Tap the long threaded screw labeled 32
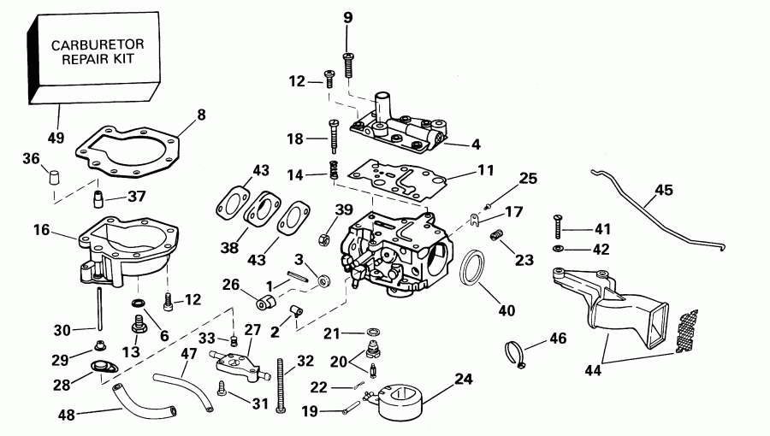coord(280,384)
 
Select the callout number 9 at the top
coord(347,17)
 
